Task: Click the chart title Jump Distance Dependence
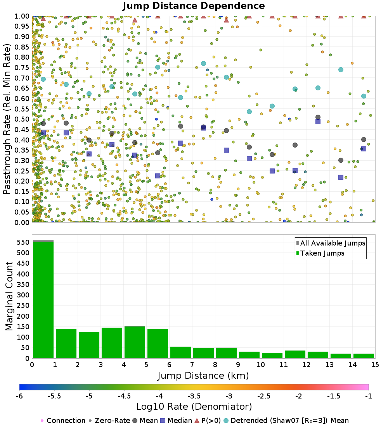click(x=194, y=6)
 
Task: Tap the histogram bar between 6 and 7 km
click(x=180, y=352)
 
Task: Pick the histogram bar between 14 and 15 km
click(x=364, y=356)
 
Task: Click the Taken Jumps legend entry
click(x=322, y=253)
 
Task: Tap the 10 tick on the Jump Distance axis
click(x=261, y=365)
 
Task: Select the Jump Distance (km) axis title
click(x=203, y=376)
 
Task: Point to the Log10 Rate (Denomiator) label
click(x=194, y=407)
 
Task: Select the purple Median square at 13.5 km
click(x=341, y=177)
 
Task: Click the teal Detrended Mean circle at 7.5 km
click(x=203, y=64)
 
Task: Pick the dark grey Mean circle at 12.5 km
click(x=318, y=117)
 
